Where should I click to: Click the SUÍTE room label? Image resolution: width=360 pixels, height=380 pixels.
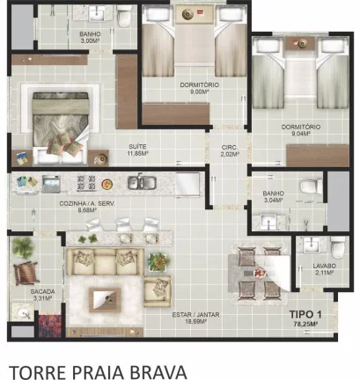pyautogui.click(x=137, y=146)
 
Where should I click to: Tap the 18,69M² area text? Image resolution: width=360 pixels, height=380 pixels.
pyautogui.click(x=195, y=322)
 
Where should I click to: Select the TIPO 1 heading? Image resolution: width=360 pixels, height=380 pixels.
pyautogui.click(x=305, y=314)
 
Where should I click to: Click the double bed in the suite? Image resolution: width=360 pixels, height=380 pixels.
pyautogui.click(x=61, y=128)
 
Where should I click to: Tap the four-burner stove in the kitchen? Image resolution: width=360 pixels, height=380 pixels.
pyautogui.click(x=86, y=183)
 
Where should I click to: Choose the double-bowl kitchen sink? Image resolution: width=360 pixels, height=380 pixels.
pyautogui.click(x=142, y=181)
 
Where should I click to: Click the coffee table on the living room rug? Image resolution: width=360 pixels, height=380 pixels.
pyautogui.click(x=105, y=300)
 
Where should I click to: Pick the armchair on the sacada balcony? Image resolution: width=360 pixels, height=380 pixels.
pyautogui.click(x=26, y=273)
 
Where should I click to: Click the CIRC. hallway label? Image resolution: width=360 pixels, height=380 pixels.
pyautogui.click(x=230, y=147)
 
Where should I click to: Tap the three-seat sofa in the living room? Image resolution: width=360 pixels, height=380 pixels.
pyautogui.click(x=105, y=262)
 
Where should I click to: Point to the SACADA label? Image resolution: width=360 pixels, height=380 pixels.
pyautogui.click(x=43, y=291)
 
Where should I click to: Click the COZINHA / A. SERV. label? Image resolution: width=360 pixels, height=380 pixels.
pyautogui.click(x=87, y=203)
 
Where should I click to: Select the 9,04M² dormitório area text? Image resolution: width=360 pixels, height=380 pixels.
pyautogui.click(x=301, y=134)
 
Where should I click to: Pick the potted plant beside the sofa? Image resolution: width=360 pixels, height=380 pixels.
pyautogui.click(x=158, y=262)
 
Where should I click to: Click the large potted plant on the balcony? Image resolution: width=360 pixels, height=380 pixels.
pyautogui.click(x=22, y=246)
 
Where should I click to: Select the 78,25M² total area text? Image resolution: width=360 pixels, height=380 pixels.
pyautogui.click(x=306, y=325)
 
